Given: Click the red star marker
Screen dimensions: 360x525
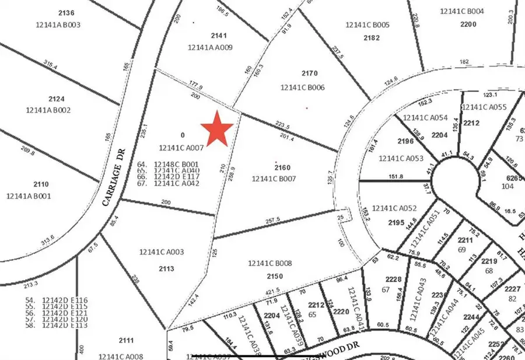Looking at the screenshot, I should click(x=217, y=128).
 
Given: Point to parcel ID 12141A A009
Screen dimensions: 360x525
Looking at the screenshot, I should click(x=210, y=48).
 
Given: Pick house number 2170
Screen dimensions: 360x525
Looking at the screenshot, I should click(x=309, y=74).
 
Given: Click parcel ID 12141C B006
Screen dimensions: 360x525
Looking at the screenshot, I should click(x=302, y=88).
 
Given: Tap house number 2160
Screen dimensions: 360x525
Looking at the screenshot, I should click(x=282, y=167).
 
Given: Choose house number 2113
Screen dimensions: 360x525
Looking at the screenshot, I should click(x=166, y=268).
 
